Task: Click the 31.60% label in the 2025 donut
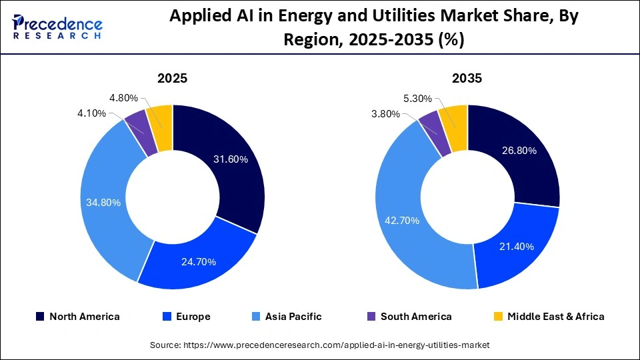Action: (231, 159)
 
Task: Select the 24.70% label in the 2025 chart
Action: (199, 262)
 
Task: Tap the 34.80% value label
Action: (103, 202)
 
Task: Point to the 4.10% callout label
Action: (91, 113)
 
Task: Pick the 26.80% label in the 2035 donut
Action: (519, 151)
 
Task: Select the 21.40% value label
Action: (517, 247)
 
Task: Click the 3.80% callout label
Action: (387, 114)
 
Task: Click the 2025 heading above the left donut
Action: (172, 79)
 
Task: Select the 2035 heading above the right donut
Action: (467, 79)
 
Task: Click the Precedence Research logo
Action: (57, 27)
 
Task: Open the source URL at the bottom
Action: (319, 345)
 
